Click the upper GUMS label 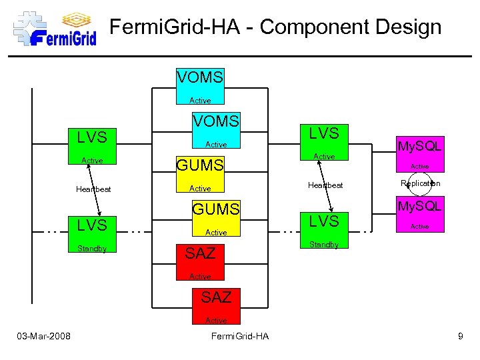tap(199, 165)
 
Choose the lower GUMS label tap(215, 209)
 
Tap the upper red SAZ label tap(200, 253)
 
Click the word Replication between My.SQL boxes tap(420, 183)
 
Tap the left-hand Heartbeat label tap(93, 189)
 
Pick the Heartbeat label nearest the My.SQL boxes tap(325, 185)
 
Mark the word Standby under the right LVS tap(324, 245)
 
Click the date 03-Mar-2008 tap(45, 336)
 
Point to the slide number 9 tap(460, 336)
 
